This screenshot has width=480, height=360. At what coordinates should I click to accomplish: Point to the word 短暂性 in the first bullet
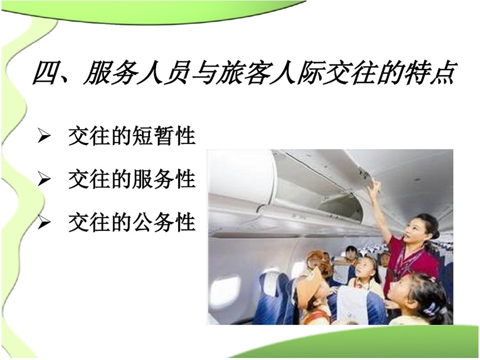164,135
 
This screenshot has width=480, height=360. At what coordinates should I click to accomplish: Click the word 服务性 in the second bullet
164,179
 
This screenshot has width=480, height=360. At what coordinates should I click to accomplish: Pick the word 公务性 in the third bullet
164,222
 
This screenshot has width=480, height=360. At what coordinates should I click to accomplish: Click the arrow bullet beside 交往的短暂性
44,136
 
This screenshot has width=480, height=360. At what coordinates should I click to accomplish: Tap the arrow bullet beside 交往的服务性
44,179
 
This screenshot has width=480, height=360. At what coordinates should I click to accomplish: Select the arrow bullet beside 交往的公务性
44,222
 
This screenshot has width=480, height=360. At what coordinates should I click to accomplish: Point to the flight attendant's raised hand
374,186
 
